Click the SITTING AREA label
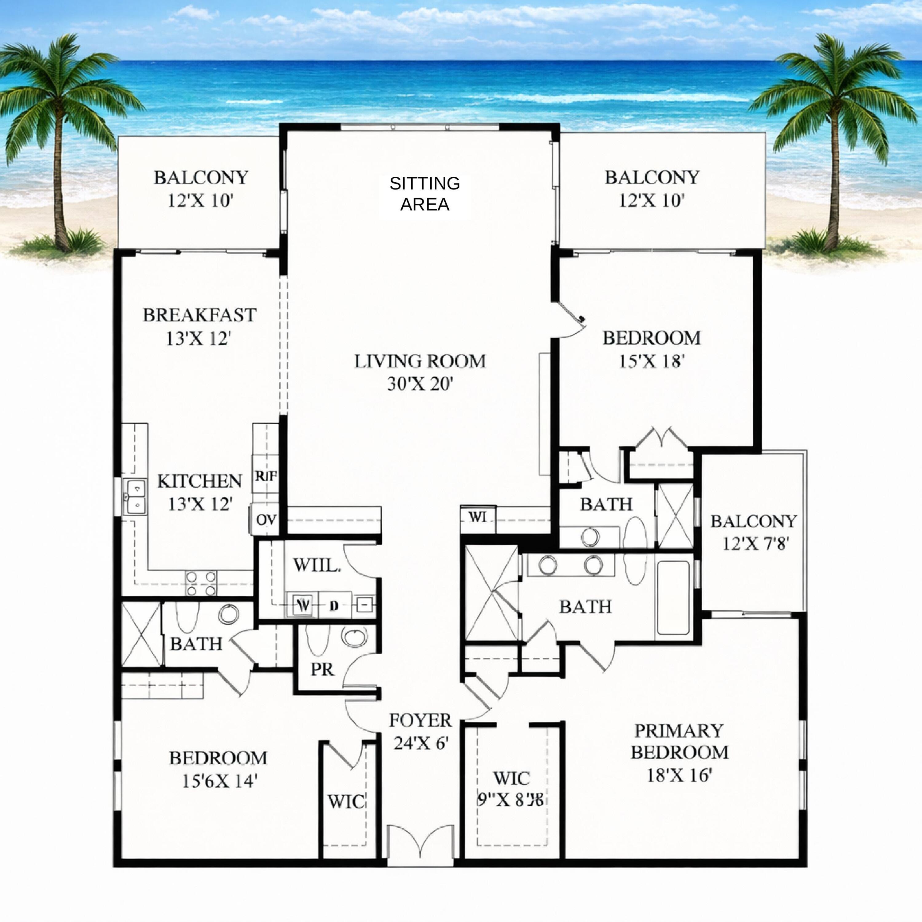coord(424,194)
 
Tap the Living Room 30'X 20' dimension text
coord(420,384)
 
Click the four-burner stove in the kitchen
coord(201,584)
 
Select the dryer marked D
coord(334,606)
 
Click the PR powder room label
coord(322,670)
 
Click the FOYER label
coord(420,720)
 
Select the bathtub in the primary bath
coord(673,599)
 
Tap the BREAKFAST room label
coord(199,315)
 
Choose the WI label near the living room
coord(478,517)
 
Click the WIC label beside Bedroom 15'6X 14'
coord(346,801)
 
